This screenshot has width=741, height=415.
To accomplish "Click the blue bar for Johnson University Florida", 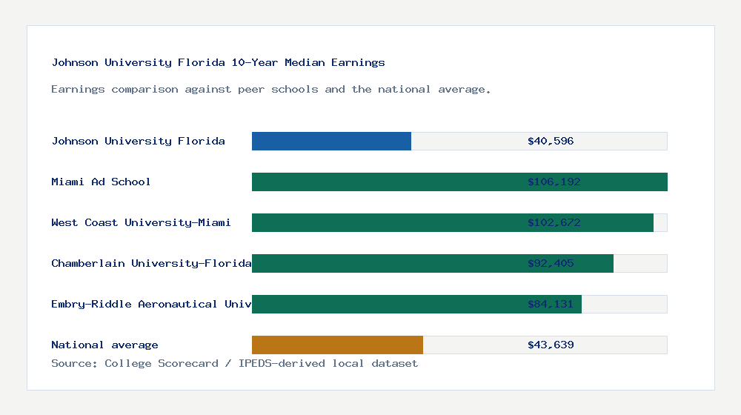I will click(x=331, y=141).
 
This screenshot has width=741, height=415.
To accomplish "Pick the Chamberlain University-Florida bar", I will click(x=385, y=263).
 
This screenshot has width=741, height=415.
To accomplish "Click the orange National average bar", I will click(x=337, y=345).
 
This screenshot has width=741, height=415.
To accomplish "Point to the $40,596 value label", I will click(x=551, y=141).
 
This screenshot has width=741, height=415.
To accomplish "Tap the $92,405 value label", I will click(x=551, y=263).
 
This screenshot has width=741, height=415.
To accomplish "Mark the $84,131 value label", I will click(x=551, y=304).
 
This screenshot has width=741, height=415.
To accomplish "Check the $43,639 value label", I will click(x=551, y=345).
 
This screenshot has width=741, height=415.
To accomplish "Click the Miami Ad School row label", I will click(x=101, y=182).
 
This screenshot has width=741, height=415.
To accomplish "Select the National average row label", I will click(x=104, y=345).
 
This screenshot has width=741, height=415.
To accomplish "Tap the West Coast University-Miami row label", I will click(x=141, y=222).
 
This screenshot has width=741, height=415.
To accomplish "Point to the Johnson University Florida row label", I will click(x=138, y=141).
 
